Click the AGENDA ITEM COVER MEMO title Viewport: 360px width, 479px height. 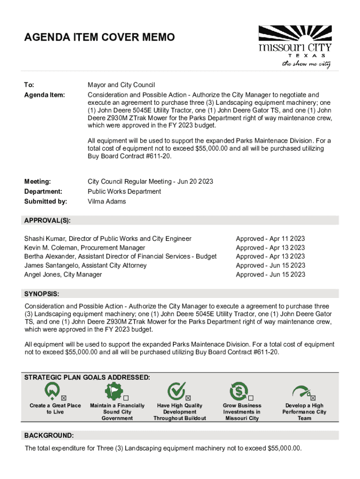pyautogui.click(x=100, y=37)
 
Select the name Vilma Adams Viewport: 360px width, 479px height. pyautogui.click(x=107, y=202)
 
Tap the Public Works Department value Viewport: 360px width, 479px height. pyautogui.click(x=124, y=191)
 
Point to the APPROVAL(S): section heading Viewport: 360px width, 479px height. pyautogui.click(x=47, y=220)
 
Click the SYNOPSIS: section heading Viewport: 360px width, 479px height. pyautogui.click(x=42, y=294)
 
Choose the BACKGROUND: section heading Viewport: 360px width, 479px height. pyautogui.click(x=49, y=435)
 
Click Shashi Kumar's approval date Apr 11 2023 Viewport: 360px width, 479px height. pyautogui.click(x=270, y=239)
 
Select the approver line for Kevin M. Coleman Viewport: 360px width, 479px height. pyautogui.click(x=85, y=247)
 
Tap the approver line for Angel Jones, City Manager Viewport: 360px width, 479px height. pyautogui.click(x=63, y=275)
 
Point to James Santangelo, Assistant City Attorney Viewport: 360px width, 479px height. pyautogui.click(x=85, y=265)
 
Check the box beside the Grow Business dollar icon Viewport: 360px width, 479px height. pyautogui.click(x=257, y=398)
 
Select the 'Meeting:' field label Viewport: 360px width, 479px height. pyautogui.click(x=37, y=181)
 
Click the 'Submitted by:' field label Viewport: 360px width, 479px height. pyautogui.click(x=45, y=202)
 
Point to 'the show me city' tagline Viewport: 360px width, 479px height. pyautogui.click(x=306, y=64)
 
